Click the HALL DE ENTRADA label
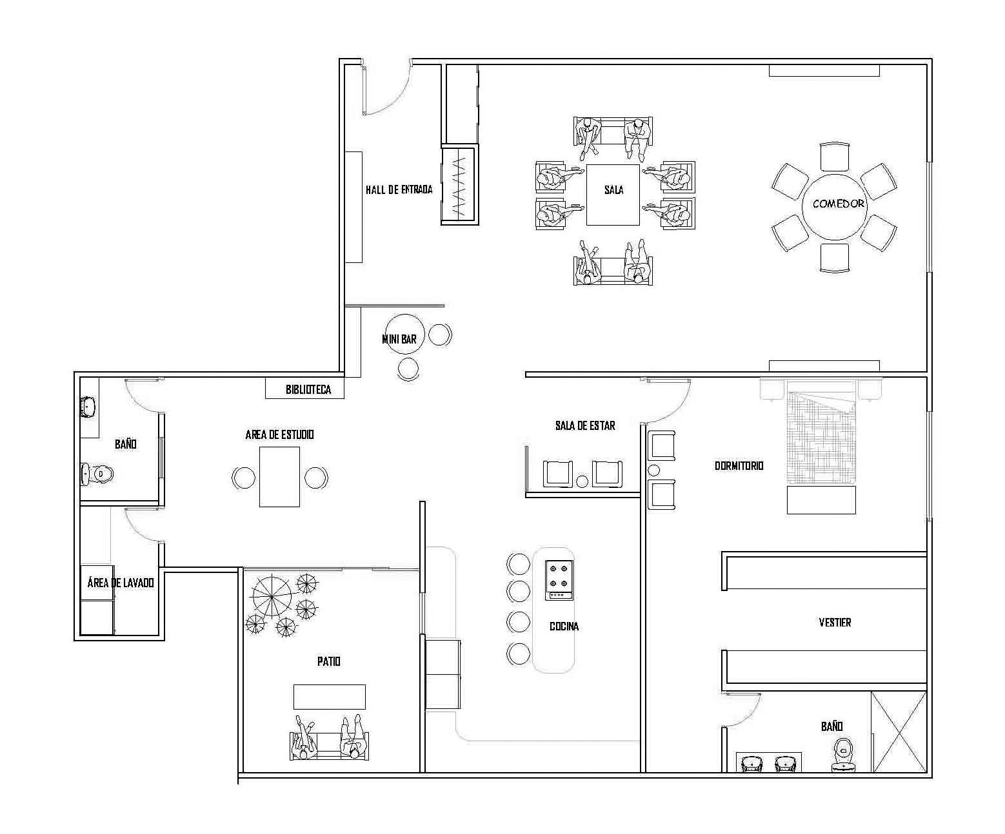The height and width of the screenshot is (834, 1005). [399, 189]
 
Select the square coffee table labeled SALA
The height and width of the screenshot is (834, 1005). [613, 195]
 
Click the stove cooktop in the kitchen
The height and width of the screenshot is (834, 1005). [559, 580]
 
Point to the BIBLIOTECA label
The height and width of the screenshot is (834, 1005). [308, 389]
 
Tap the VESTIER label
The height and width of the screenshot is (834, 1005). [835, 623]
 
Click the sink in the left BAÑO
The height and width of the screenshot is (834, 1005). [88, 407]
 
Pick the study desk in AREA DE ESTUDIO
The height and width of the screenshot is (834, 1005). [279, 477]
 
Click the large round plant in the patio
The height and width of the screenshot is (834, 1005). [272, 597]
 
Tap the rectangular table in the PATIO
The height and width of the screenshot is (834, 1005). [329, 697]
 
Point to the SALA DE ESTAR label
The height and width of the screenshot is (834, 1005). [585, 425]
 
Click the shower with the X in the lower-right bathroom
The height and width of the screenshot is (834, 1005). [899, 732]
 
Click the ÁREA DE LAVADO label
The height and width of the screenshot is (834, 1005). [121, 583]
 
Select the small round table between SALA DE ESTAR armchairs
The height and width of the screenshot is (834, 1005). [582, 481]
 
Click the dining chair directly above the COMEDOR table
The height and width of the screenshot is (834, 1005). [834, 157]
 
